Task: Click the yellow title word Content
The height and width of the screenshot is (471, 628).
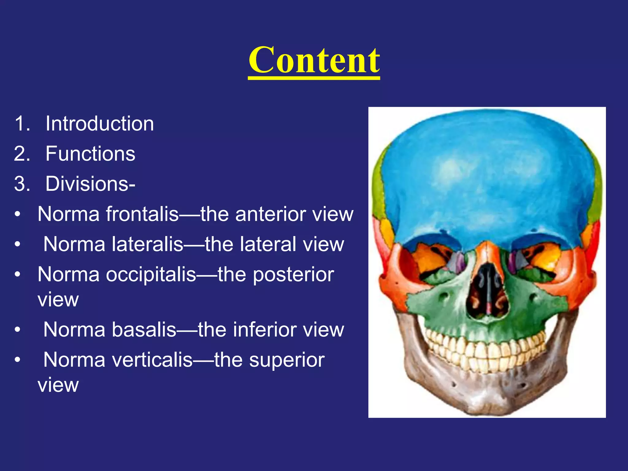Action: (x=314, y=60)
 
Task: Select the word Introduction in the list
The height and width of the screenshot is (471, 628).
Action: (x=100, y=124)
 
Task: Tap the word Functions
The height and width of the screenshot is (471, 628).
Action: (x=90, y=154)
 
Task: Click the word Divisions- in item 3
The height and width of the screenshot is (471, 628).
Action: (x=90, y=184)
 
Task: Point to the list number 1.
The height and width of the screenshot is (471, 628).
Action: (x=22, y=124)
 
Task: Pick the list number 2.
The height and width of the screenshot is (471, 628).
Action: (x=22, y=154)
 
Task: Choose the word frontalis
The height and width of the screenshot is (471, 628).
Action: (x=142, y=214)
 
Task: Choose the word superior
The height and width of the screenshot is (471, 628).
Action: (x=287, y=360)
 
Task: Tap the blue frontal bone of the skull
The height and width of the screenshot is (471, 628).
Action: (x=488, y=178)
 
